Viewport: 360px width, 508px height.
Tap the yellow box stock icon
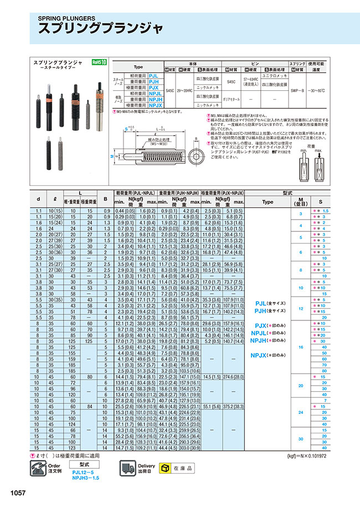pyautogui.click(x=164, y=468)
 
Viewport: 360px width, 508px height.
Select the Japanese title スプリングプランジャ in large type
pyautogui.click(x=100, y=29)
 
